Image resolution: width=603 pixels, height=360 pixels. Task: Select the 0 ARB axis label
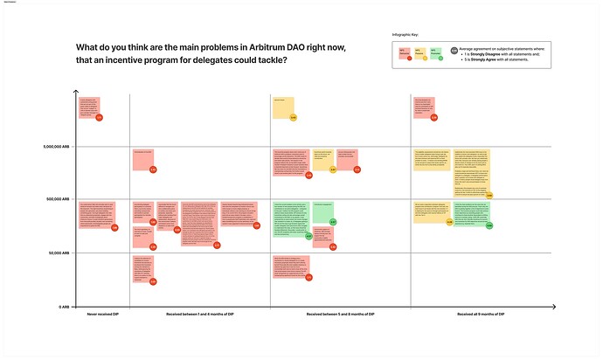(x=64, y=307)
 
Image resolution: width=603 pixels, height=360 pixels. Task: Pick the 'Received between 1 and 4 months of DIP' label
(x=200, y=314)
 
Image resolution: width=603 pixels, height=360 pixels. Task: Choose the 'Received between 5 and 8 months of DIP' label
(x=341, y=314)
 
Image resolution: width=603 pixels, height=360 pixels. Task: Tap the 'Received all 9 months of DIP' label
(x=482, y=314)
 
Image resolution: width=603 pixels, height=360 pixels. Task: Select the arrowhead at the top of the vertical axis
(x=77, y=93)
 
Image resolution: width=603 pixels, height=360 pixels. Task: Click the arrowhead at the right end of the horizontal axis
(x=552, y=307)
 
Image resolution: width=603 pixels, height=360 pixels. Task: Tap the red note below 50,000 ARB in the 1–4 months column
(x=143, y=269)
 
